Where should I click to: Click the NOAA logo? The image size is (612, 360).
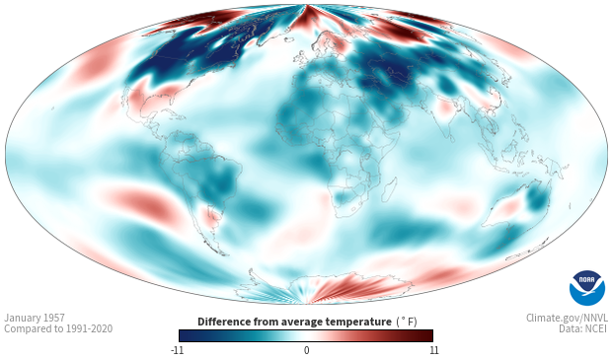pyautogui.click(x=587, y=288)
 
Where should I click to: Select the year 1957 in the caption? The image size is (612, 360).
pyautogui.click(x=56, y=318)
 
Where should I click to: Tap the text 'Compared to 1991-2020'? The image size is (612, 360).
pyautogui.click(x=58, y=328)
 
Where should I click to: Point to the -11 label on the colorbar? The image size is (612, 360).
pyautogui.click(x=177, y=350)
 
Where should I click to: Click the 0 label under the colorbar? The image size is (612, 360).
pyautogui.click(x=306, y=350)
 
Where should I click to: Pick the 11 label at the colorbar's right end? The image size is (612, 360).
pyautogui.click(x=433, y=350)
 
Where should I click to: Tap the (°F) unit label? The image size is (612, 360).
pyautogui.click(x=407, y=323)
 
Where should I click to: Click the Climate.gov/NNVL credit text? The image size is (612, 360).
pyautogui.click(x=567, y=318)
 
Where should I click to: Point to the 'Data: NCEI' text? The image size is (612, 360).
pyautogui.click(x=583, y=328)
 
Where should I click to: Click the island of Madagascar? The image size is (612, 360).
pyautogui.click(x=390, y=188)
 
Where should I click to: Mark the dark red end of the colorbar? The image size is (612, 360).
pyautogui.click(x=427, y=335)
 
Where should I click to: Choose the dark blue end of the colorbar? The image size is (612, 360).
pyautogui.click(x=186, y=335)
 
